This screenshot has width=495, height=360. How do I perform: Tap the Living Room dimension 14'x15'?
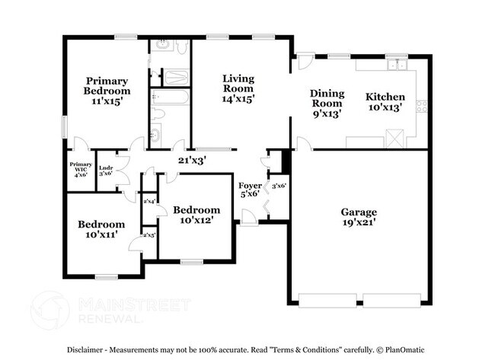[x=238, y=98]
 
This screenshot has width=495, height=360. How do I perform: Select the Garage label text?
[x=359, y=212]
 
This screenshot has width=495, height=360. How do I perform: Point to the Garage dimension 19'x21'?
[x=359, y=223]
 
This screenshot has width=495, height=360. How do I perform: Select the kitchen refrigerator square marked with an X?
[x=394, y=139]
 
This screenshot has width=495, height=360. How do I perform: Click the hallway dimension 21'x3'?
[x=192, y=160]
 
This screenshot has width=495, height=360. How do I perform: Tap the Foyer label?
[x=250, y=185]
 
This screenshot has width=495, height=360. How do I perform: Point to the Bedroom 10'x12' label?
[x=196, y=215]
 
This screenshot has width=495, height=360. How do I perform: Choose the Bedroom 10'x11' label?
[x=101, y=230]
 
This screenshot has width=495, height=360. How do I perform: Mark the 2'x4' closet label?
[x=149, y=201]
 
